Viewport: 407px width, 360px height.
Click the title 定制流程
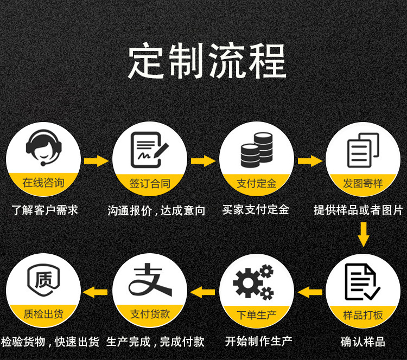pyautogui.click(x=207, y=61)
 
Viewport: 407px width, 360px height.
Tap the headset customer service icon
pyautogui.click(x=43, y=146)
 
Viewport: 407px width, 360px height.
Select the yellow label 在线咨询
pyautogui.click(x=43, y=183)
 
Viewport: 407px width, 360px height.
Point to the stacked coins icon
pyautogui.click(x=256, y=149)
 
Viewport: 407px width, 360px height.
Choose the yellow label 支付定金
pyautogui.click(x=257, y=183)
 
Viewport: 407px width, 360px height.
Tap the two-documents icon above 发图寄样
pyautogui.click(x=362, y=150)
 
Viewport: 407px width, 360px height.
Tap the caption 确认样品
pyautogui.click(x=363, y=342)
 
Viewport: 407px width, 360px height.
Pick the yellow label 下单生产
pyautogui.click(x=257, y=315)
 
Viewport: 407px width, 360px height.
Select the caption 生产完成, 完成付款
pyautogui.click(x=155, y=342)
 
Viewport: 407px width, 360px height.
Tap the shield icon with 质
pyautogui.click(x=43, y=281)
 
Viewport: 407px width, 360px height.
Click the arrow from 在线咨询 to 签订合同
pyautogui.click(x=97, y=161)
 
